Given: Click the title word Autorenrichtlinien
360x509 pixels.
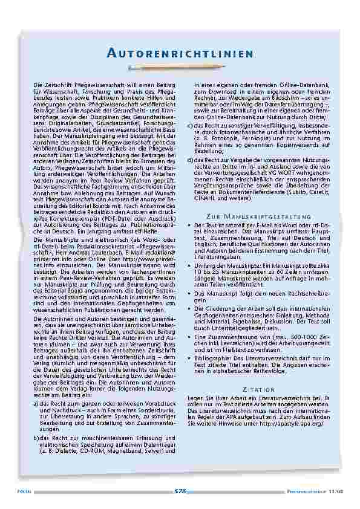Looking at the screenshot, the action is click(180, 54).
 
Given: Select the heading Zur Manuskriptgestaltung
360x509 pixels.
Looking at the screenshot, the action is click(257, 216).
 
